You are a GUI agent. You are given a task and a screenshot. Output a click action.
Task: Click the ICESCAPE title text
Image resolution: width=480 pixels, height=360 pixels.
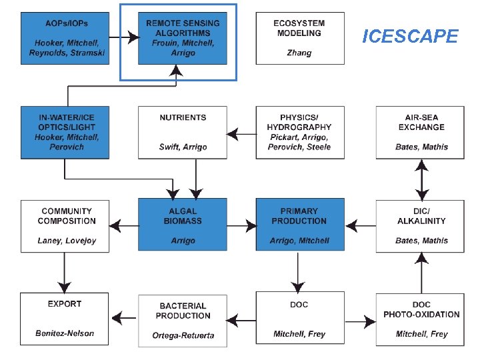pos(410,36)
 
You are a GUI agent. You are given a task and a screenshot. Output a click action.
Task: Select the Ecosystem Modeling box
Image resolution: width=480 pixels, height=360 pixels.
pos(300,38)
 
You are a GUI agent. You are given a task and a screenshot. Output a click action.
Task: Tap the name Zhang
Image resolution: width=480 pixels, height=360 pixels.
pos(299,53)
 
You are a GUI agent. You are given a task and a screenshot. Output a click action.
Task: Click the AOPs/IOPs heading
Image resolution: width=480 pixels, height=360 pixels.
pos(67,23)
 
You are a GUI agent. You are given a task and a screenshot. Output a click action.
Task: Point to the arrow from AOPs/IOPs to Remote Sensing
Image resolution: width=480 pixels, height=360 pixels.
pos(124,37)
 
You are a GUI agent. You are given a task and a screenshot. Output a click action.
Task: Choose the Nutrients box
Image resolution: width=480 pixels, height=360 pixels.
pos(183,133)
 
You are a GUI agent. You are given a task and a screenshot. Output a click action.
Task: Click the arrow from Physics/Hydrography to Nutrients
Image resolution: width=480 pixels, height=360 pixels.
pos(241,134)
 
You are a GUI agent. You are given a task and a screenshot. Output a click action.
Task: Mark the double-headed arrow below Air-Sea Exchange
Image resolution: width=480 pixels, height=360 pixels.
pos(421,180)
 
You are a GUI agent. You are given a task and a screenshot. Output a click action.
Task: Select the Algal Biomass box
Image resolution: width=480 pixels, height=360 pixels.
pos(183,225)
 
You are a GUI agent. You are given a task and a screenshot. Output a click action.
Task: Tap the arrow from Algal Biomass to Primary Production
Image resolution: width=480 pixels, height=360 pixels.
pos(242,226)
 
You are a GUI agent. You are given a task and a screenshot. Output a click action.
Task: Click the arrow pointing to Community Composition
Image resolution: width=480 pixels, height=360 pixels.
pos(124,226)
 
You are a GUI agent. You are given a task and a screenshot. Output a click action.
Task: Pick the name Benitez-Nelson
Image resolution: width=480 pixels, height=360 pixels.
pos(65,333)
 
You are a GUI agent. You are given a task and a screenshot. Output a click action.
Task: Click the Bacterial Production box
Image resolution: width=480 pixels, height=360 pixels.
pos(183,321)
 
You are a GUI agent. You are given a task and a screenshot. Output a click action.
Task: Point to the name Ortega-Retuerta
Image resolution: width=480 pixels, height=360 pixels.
pos(183,335)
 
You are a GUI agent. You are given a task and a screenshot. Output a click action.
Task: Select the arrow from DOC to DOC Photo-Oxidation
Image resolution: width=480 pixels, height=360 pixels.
pos(360,321)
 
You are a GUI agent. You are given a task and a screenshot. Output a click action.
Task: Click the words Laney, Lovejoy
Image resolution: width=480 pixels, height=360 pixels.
pos(67,241)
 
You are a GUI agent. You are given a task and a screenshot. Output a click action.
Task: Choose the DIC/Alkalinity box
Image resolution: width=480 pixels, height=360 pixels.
pos(420,226)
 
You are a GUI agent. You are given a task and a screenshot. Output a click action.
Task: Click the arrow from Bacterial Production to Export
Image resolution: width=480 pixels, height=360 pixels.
pos(124,318)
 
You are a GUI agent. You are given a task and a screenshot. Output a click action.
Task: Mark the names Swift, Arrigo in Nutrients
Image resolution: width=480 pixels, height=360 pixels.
pos(183,147)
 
